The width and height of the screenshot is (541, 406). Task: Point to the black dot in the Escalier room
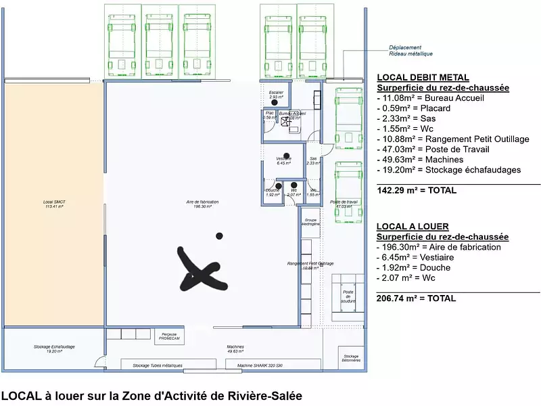coord(275,102)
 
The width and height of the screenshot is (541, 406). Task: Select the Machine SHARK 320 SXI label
coord(259,365)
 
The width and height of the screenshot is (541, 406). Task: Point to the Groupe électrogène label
coord(311,223)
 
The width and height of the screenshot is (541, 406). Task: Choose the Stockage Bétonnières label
coord(350,358)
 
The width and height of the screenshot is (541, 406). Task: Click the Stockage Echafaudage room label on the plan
coord(54,348)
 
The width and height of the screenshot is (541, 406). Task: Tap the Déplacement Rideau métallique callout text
coord(410,50)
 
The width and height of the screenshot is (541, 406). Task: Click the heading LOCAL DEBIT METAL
coord(422,78)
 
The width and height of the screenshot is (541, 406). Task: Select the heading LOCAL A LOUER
coord(413,227)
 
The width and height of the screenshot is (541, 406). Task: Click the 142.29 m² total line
coord(417,190)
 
